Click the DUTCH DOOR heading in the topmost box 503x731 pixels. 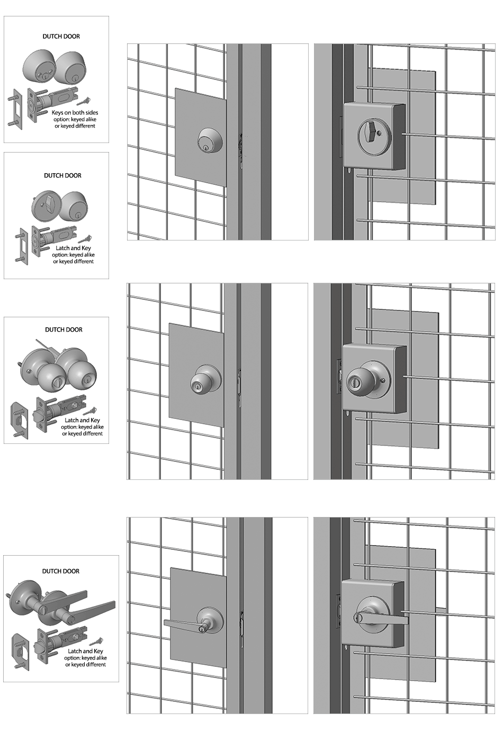tap(61, 36)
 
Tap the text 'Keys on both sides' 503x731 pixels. tap(75, 113)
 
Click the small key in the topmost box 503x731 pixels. tap(84, 101)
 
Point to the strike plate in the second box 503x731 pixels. tap(23, 247)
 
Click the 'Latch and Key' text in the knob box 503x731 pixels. tap(82, 420)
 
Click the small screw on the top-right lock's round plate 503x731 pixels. tap(379, 133)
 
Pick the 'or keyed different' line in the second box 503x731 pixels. tap(74, 261)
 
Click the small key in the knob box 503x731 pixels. tap(91, 411)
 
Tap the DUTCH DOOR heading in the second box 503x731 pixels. tap(62, 175)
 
